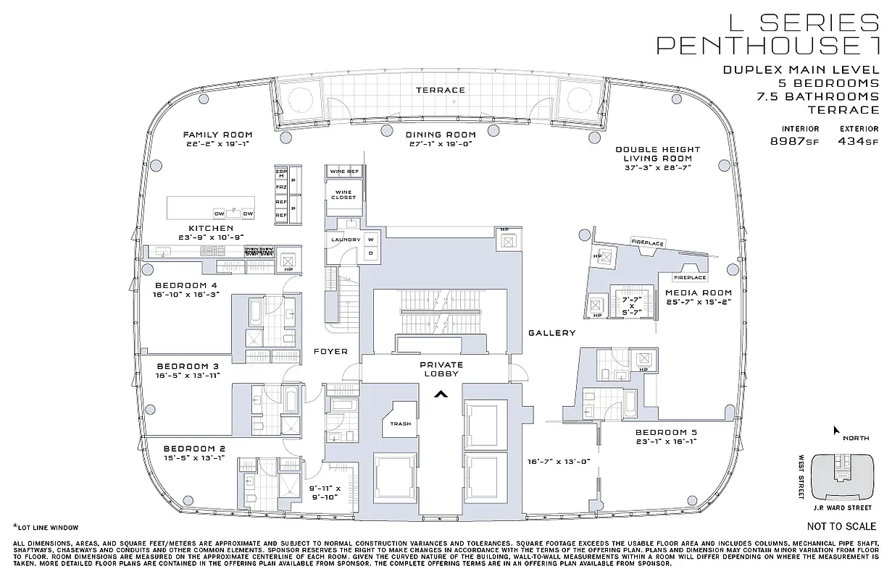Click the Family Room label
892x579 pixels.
[217, 135]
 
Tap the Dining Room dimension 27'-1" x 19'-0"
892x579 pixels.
[441, 144]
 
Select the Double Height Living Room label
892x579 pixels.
[658, 154]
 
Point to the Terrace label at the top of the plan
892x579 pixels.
[440, 90]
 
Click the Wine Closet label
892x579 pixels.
[343, 194]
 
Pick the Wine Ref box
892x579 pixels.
[343, 172]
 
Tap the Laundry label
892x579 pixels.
[346, 240]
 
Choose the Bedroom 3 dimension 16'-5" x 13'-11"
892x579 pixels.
[187, 376]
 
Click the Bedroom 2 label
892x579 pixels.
[193, 448]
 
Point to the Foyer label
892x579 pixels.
[330, 352]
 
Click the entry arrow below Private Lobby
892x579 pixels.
[439, 394]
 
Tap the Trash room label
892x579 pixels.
[400, 424]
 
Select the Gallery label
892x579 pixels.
[551, 333]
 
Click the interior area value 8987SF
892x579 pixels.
[795, 142]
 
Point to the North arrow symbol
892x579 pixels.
[836, 430]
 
